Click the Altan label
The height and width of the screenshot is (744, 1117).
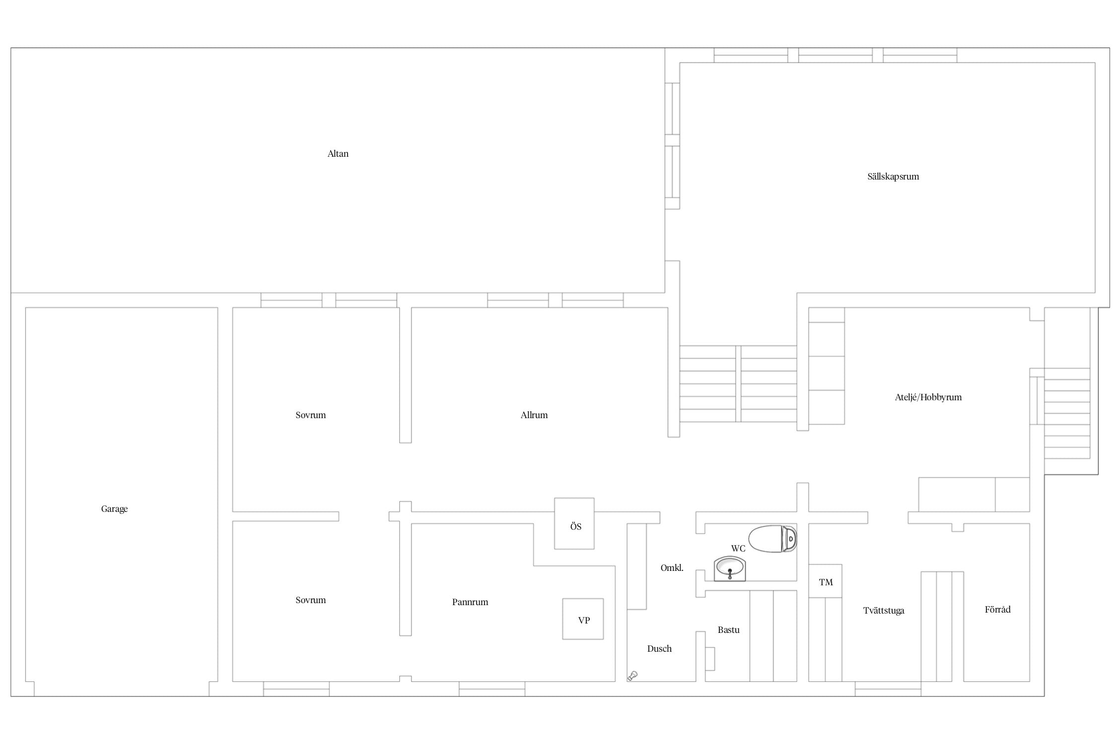338,154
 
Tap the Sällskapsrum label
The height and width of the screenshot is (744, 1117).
893,177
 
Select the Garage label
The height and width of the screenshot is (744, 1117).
114,509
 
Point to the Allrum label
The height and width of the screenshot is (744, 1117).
534,415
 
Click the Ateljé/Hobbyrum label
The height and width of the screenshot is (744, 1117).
928,397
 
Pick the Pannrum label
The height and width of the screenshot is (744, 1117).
470,602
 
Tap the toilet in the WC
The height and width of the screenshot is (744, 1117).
772,539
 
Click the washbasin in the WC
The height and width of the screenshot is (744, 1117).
730,569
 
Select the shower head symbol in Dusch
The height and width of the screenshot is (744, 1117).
632,676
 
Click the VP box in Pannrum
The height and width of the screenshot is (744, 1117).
583,619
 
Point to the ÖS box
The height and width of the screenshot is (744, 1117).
574,524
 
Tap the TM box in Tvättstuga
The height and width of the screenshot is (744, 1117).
825,581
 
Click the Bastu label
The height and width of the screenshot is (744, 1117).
729,630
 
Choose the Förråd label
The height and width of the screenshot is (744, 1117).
998,610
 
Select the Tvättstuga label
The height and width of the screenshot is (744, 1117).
884,611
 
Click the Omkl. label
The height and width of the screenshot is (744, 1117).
672,568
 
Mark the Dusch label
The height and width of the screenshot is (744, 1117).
659,649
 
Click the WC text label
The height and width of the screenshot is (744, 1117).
738,549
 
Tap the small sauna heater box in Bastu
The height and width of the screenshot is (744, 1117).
710,659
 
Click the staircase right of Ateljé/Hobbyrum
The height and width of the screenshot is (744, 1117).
1067,413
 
